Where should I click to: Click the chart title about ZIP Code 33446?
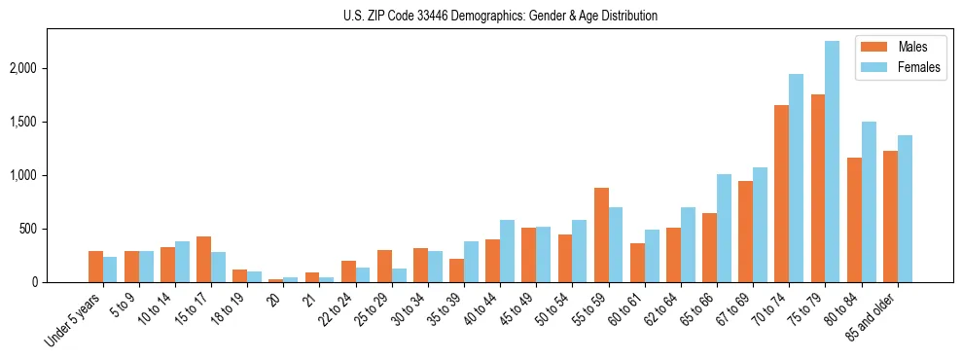[500, 16]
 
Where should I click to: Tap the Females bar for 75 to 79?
[832, 162]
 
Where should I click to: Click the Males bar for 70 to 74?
[781, 194]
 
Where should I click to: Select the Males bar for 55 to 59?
[601, 234]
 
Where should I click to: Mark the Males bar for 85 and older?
[890, 216]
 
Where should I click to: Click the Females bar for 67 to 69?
[760, 225]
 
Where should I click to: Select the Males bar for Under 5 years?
[96, 267]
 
